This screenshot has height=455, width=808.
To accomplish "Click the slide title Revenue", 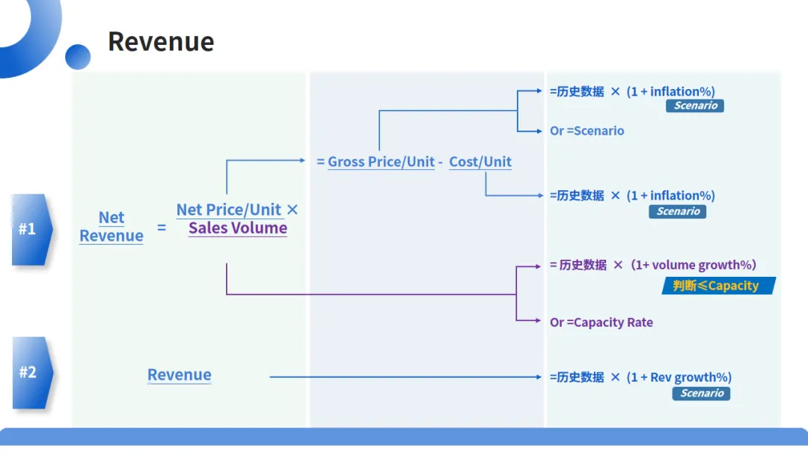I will pyautogui.click(x=161, y=42).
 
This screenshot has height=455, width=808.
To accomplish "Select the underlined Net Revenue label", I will pyautogui.click(x=111, y=227).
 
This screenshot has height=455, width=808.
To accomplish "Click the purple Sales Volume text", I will pyautogui.click(x=238, y=228).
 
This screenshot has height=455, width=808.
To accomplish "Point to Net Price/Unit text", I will pyautogui.click(x=229, y=210).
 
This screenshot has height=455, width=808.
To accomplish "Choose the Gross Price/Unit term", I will pyautogui.click(x=382, y=162).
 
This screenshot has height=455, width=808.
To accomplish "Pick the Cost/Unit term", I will pyautogui.click(x=480, y=162).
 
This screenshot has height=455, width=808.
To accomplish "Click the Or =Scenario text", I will pyautogui.click(x=587, y=131).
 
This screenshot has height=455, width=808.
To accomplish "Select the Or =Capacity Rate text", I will pyautogui.click(x=602, y=323).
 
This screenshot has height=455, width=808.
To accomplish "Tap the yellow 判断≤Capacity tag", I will pyautogui.click(x=717, y=286).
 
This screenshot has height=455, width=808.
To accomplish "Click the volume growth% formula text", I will pyautogui.click(x=653, y=265).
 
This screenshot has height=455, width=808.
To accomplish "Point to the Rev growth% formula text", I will pyautogui.click(x=641, y=377).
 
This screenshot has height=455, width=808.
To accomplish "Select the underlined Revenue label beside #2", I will pyautogui.click(x=180, y=375).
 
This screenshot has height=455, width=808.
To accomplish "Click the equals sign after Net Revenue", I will pyautogui.click(x=162, y=227).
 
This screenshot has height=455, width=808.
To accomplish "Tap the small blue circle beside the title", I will pyautogui.click(x=78, y=57).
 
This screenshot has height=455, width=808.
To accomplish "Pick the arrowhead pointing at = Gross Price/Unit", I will pyautogui.click(x=302, y=160).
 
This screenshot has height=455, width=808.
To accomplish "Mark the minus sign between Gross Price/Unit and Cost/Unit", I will pyautogui.click(x=441, y=162).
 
